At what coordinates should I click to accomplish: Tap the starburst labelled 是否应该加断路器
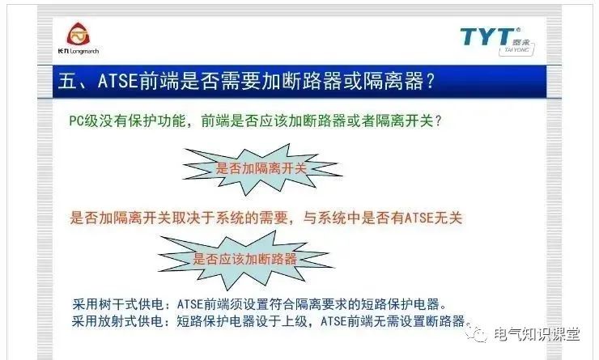tap(244, 260)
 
